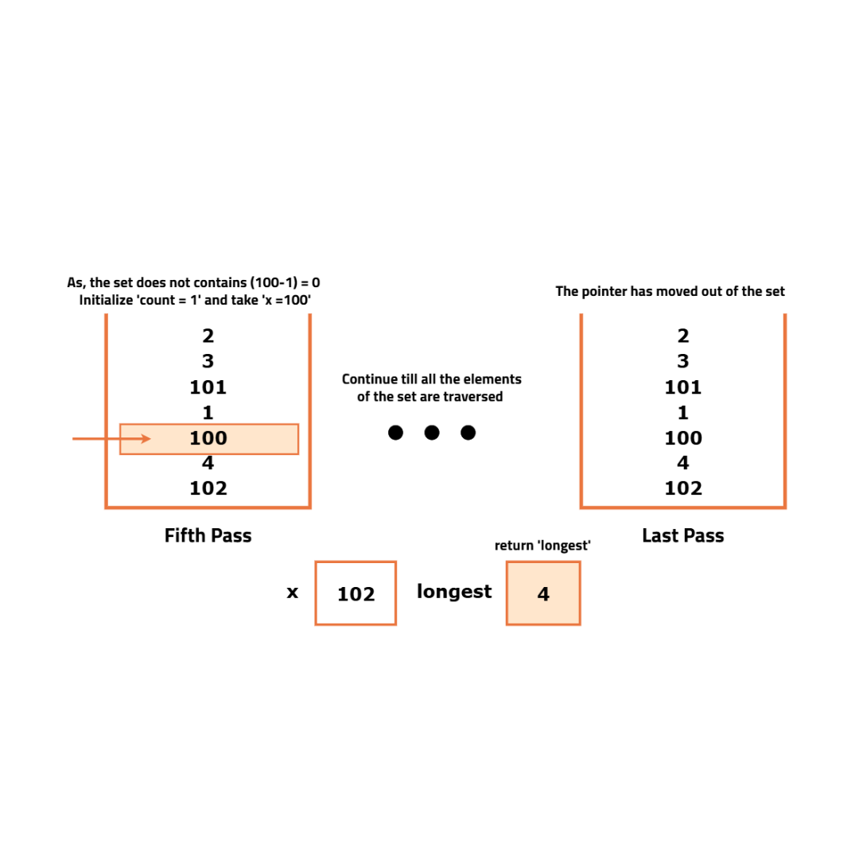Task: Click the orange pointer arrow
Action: coord(111,438)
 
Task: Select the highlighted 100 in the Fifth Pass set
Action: coord(208,438)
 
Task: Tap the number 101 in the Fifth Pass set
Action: coord(208,387)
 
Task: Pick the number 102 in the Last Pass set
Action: coord(683,488)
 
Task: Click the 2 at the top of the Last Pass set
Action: coord(683,336)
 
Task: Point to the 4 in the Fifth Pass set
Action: coord(208,463)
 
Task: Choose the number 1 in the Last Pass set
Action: coord(683,413)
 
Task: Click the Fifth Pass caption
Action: coord(208,535)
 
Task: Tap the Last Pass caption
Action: coord(682,535)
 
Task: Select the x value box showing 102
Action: coord(356,593)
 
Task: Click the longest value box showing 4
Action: coord(543,593)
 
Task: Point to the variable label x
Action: coord(293,593)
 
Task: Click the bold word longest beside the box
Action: coord(454,592)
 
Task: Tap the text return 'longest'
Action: coord(542,546)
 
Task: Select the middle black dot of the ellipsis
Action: coord(432,433)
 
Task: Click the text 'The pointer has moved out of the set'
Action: coord(670,291)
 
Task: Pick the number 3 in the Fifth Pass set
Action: coord(208,362)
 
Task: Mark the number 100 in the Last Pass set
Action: coord(683,438)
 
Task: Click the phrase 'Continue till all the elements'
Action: coord(432,379)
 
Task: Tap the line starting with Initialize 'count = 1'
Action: coord(195,300)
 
